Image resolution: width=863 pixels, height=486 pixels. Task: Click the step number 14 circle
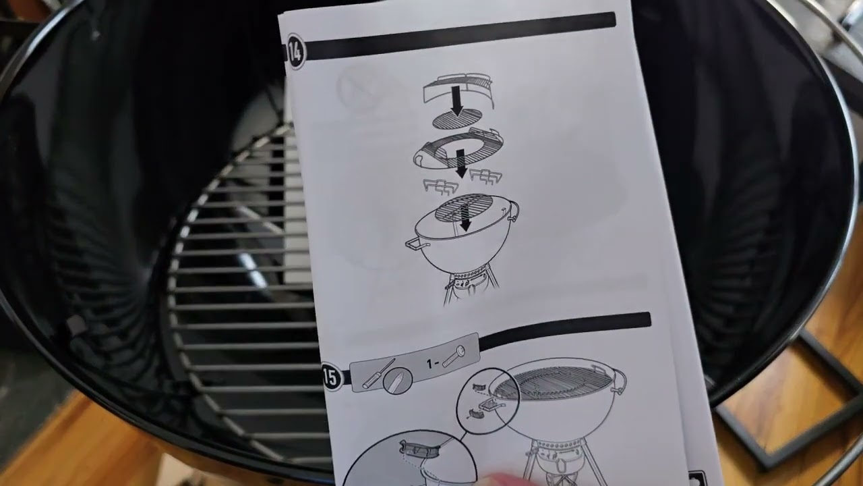coord(296,51)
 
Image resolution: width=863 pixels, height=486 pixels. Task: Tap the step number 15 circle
coord(332,377)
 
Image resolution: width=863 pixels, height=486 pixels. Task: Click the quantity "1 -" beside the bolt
coord(432,363)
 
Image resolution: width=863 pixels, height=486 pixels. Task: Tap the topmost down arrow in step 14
coord(457,101)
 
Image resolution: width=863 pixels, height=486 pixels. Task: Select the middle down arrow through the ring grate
coord(460,163)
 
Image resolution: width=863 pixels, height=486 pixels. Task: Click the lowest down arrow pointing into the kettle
coord(465,217)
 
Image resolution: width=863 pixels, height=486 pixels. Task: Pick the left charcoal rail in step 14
coord(441,186)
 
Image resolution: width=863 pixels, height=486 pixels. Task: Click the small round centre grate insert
coord(457,120)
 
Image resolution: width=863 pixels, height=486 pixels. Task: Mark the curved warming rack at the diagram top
coord(458,90)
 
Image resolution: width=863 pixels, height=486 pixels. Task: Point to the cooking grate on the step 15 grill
coord(554,382)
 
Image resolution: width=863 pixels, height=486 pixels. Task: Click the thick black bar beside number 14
coord(460,36)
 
